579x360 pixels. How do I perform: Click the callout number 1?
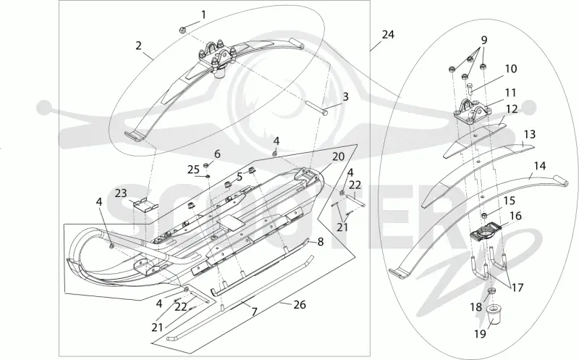click(x=203, y=14)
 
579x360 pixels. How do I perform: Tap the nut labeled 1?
click(x=182, y=30)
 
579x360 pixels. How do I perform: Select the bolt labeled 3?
click(x=317, y=110)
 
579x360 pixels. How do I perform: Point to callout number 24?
click(x=388, y=35)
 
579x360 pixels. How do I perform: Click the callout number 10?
click(x=511, y=69)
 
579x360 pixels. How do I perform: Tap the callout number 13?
click(x=530, y=134)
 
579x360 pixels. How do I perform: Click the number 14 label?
click(x=540, y=166)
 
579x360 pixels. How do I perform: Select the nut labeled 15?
click(x=485, y=216)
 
